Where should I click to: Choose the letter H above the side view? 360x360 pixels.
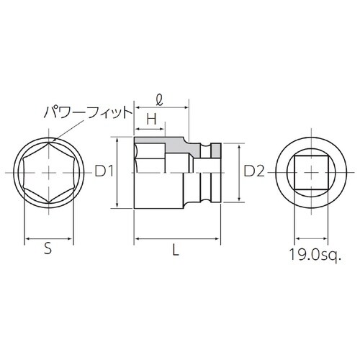coord(151,117)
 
